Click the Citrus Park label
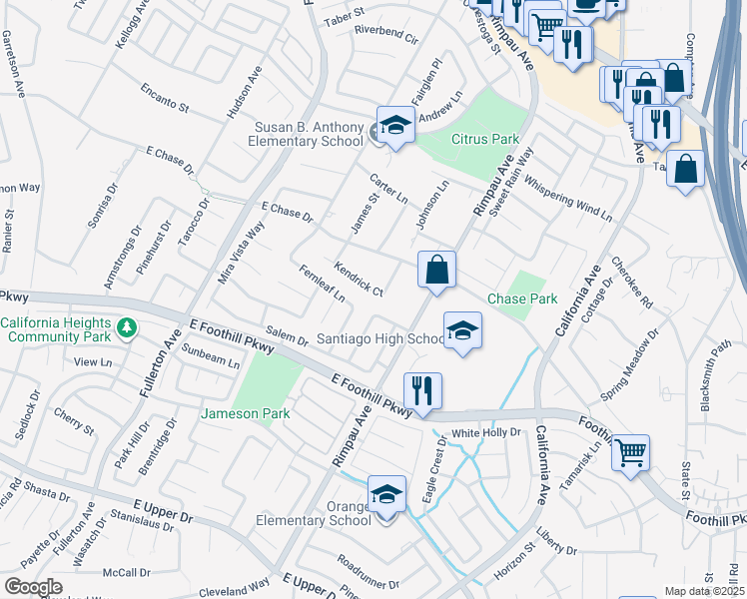485,138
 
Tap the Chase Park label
521,299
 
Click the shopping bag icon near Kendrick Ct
436,270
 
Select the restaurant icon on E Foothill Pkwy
422,390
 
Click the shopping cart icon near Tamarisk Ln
630,453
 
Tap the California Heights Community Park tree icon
127,326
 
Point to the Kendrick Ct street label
359,279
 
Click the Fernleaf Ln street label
322,284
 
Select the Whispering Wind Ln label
567,198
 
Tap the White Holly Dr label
487,432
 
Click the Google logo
33,587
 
